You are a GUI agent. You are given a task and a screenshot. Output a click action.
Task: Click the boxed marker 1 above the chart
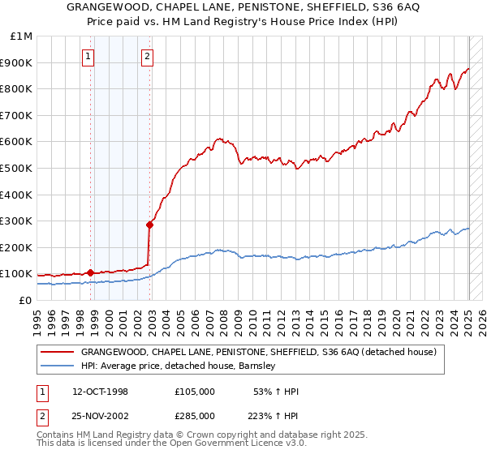pos(88,57)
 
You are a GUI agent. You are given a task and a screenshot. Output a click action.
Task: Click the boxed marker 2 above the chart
pos(147,57)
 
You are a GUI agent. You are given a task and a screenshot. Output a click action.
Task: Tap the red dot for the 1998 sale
pos(90,272)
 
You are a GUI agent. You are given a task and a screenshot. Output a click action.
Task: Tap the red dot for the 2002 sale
pos(149,225)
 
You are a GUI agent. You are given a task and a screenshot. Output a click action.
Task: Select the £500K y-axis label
pos(18,169)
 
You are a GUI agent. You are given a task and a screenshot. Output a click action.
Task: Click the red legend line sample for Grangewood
pos(57,352)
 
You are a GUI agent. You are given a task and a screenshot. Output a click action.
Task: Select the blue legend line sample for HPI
pos(57,366)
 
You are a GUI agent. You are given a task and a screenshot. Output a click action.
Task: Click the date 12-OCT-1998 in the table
pos(100,392)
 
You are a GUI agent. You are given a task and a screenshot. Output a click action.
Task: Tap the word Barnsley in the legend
pos(257,366)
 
